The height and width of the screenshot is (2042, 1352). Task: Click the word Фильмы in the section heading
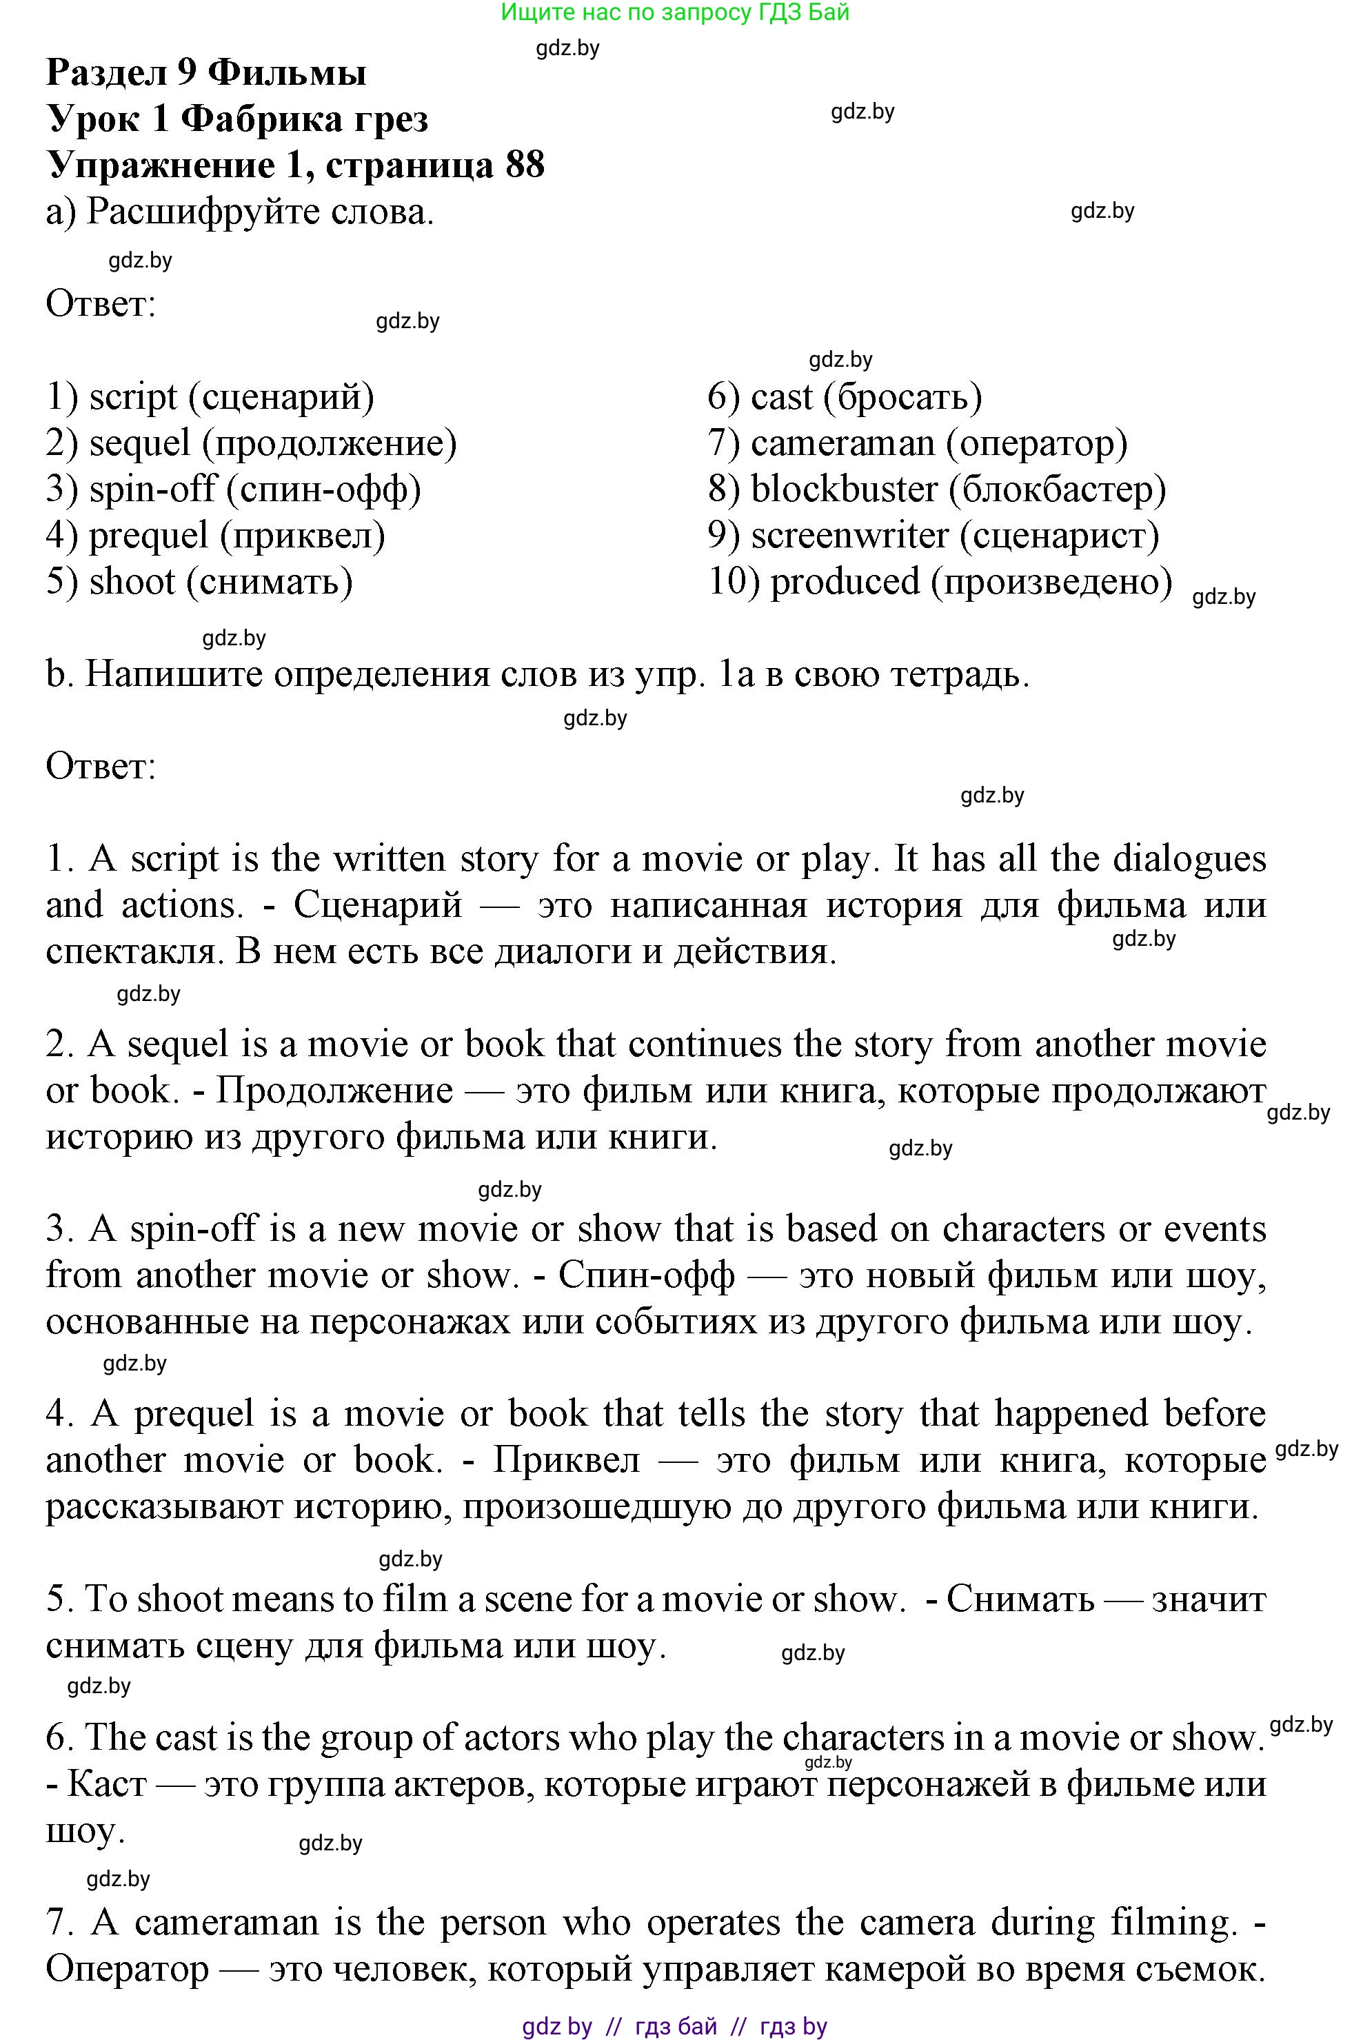click(287, 72)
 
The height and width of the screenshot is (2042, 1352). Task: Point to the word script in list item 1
click(133, 396)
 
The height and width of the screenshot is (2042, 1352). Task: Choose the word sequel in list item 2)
click(140, 443)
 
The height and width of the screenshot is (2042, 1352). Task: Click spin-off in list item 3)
click(152, 489)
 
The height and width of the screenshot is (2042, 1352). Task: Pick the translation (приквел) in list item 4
click(303, 535)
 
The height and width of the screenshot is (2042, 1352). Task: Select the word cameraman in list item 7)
click(843, 443)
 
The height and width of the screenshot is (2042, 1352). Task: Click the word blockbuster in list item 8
click(843, 489)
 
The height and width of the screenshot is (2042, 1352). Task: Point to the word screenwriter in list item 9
click(849, 535)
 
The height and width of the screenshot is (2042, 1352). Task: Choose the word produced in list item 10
click(844, 582)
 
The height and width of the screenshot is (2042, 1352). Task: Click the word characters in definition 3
click(1022, 1229)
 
